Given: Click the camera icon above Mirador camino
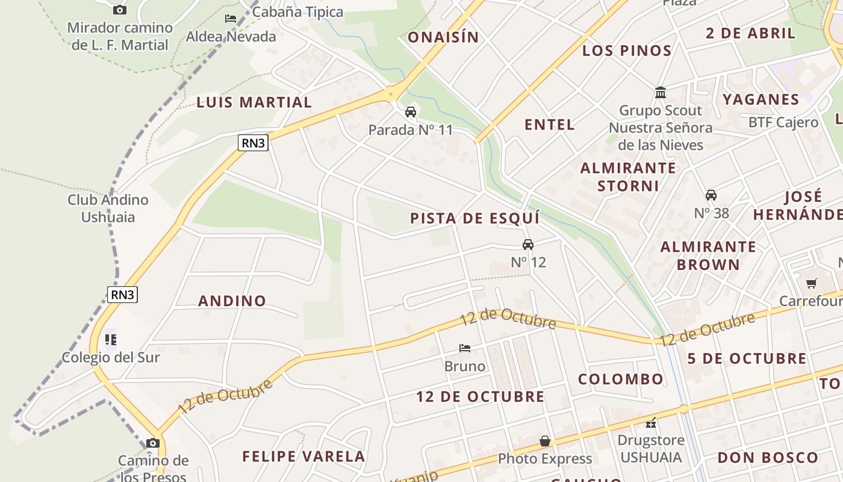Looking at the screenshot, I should (120, 10).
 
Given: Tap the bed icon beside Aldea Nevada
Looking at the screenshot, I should (231, 19).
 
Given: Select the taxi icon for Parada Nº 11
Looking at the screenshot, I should (411, 112).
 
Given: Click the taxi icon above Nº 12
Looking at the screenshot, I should (528, 244).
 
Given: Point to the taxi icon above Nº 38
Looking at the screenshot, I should (711, 195).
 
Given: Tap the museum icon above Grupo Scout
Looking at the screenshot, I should (661, 93).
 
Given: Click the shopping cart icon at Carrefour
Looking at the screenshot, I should (812, 283).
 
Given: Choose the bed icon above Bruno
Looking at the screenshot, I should (465, 348).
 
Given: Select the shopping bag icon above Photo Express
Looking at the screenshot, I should (545, 441).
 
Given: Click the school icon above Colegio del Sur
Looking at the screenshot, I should (111, 340).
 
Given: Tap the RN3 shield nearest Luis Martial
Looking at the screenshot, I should (253, 143).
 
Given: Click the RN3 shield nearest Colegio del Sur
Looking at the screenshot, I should (123, 294).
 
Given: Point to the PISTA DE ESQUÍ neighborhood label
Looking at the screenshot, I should (474, 218).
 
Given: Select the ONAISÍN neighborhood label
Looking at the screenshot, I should (443, 37).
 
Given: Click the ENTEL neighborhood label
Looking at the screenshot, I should (549, 125).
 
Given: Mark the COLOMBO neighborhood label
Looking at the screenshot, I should (621, 379).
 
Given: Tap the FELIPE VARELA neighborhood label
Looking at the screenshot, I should (303, 456).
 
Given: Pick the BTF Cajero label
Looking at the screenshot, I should (783, 122).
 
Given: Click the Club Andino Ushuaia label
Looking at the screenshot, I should (108, 208).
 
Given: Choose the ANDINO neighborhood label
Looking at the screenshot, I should (232, 301).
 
